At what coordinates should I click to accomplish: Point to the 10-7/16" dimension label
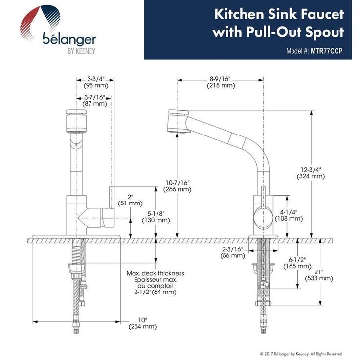tap(177, 183)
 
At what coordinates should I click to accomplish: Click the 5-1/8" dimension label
tap(156, 213)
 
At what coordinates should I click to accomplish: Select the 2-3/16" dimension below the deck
tap(233, 249)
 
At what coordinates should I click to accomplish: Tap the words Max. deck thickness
tap(156, 273)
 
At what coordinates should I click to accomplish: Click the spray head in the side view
tap(177, 121)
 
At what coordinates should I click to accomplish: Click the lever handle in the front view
tap(112, 201)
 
